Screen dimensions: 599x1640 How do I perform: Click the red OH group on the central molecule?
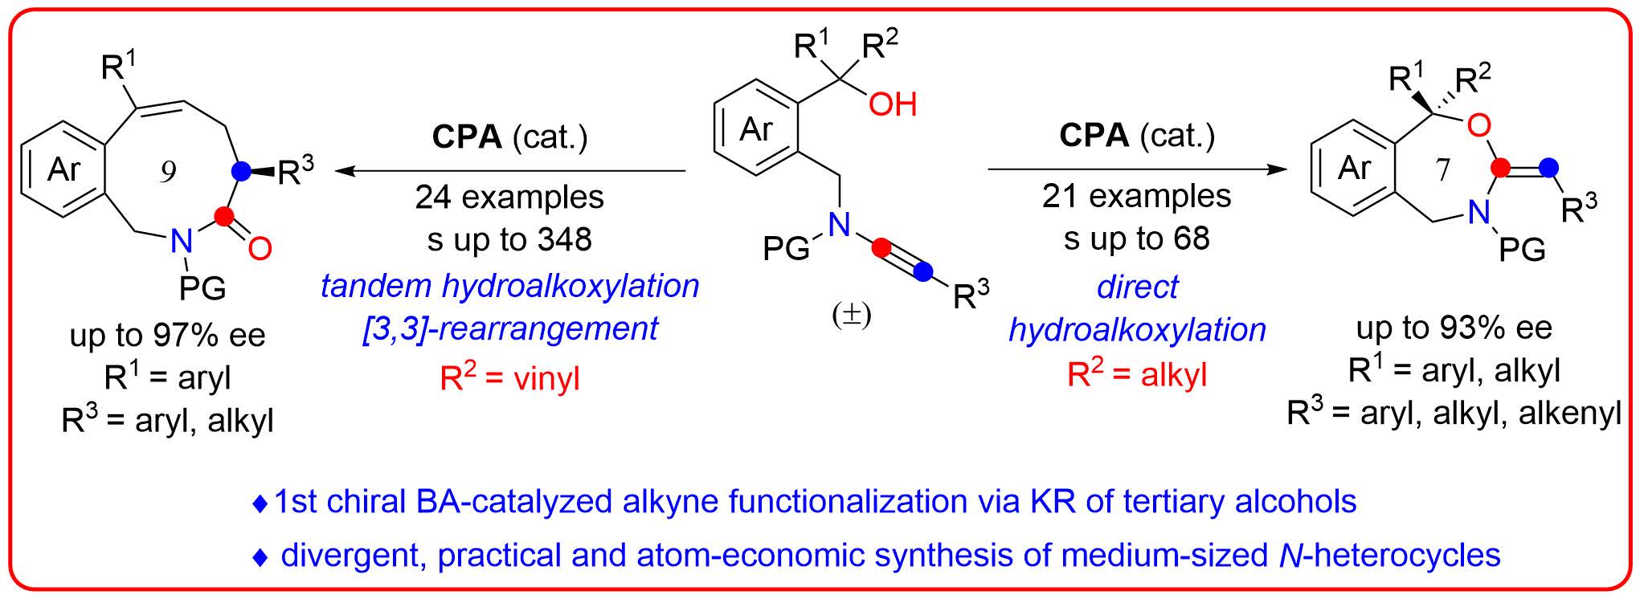(892, 104)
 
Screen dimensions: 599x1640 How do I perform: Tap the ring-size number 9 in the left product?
(167, 172)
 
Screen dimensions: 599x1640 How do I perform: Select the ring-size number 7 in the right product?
(1442, 169)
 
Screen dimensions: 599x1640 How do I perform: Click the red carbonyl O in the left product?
(260, 248)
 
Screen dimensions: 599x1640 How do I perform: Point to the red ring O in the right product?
(1478, 125)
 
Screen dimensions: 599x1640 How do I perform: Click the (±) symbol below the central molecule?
(852, 316)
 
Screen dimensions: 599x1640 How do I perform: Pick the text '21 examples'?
(1136, 196)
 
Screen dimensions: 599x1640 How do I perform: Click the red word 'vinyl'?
(544, 377)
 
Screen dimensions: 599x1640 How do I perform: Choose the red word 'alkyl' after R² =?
(1173, 375)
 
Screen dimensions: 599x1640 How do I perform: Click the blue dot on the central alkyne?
(923, 273)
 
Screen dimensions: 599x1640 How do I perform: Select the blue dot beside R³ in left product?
(239, 171)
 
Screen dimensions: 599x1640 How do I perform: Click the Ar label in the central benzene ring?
(756, 128)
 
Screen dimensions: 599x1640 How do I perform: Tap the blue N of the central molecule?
(839, 225)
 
